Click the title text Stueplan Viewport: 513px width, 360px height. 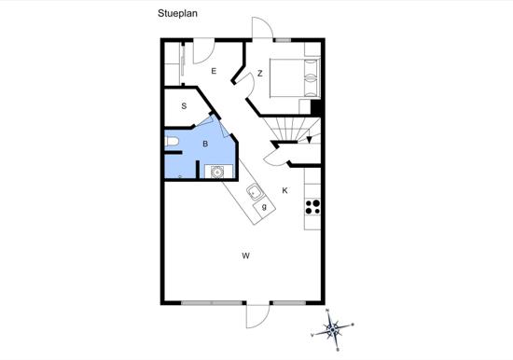(x=177, y=13)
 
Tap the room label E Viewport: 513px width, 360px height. (x=214, y=71)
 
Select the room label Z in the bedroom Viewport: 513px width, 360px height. (x=260, y=74)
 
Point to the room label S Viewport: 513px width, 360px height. (x=184, y=106)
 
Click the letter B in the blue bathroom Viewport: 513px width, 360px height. (x=205, y=144)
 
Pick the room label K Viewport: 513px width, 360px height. (x=285, y=190)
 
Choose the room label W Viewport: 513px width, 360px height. (x=245, y=256)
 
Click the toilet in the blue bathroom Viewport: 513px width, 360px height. (x=172, y=142)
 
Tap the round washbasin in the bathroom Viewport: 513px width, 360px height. (x=217, y=172)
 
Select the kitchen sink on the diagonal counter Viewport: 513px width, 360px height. (x=254, y=192)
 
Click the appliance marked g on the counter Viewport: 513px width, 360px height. (x=264, y=207)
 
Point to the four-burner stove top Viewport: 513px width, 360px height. (x=312, y=207)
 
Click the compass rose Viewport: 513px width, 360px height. (x=332, y=329)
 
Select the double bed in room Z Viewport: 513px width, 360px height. (x=295, y=78)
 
